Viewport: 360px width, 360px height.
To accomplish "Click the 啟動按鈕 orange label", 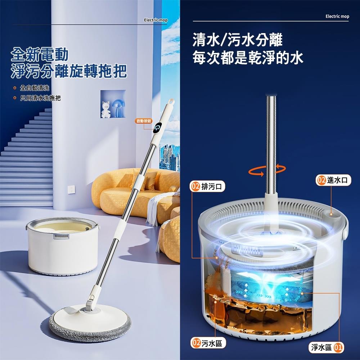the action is point(144,121).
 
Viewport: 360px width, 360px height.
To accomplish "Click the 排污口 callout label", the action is point(208,186).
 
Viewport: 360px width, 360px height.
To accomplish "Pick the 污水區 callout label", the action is point(208,343).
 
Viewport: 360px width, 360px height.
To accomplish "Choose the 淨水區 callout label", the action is point(326,347).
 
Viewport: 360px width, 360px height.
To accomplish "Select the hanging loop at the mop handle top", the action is point(171,101).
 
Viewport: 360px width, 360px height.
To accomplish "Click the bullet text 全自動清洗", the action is point(35,88).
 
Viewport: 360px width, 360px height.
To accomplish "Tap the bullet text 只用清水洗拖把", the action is point(40,98).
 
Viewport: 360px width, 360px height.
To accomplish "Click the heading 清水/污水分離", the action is point(237,40).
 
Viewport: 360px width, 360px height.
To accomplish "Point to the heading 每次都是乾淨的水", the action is point(248,57).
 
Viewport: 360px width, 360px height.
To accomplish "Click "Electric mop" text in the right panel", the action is point(337,16).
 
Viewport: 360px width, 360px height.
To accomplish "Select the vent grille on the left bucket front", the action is point(61,236).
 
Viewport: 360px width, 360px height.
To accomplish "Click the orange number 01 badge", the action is point(338,347).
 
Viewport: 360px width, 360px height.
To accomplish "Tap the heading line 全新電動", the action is point(40,55).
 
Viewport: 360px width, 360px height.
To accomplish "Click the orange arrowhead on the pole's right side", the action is point(278,166).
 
